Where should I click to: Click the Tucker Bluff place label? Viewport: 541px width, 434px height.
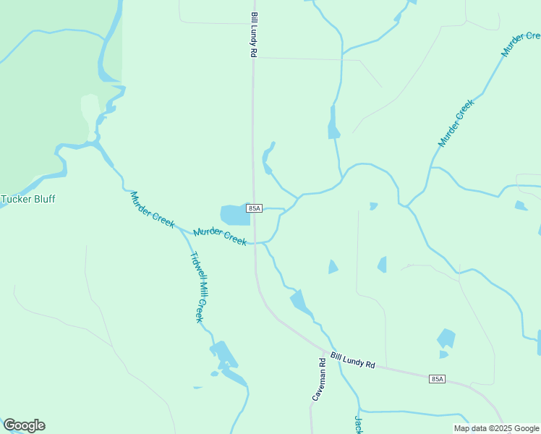(x=28, y=199)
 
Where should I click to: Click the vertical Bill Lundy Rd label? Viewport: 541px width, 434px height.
(x=254, y=34)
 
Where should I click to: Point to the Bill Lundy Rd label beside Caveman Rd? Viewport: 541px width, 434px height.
(x=353, y=359)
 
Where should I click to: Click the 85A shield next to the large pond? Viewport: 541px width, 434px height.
(x=254, y=208)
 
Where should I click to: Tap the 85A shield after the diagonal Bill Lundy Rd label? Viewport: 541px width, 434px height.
(x=437, y=378)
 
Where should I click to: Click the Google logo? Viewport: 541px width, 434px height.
(x=24, y=425)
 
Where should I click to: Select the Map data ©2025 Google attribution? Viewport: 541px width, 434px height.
(x=497, y=428)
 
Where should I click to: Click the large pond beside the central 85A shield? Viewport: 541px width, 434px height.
(x=234, y=215)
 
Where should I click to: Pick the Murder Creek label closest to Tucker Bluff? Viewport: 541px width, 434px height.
(x=152, y=210)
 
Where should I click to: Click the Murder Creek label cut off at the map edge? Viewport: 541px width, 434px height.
(x=521, y=44)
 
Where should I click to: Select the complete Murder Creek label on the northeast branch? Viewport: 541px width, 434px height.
(x=456, y=123)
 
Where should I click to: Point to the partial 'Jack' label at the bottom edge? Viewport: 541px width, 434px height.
(x=357, y=425)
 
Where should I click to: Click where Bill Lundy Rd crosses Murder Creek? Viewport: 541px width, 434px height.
(x=255, y=243)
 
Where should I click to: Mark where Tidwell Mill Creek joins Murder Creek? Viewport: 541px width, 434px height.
(x=181, y=229)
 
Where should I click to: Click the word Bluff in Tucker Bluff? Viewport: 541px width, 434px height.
(x=43, y=199)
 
